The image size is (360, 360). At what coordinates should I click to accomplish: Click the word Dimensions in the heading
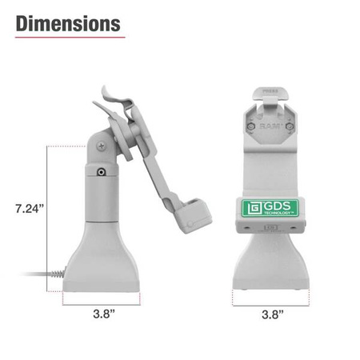point(69,23)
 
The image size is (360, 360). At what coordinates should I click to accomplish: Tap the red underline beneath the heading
point(69,38)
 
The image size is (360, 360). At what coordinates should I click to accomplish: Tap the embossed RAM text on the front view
point(270,125)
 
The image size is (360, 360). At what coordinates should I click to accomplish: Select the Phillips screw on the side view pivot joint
point(101,146)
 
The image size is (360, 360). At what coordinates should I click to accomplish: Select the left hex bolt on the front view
point(252,126)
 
